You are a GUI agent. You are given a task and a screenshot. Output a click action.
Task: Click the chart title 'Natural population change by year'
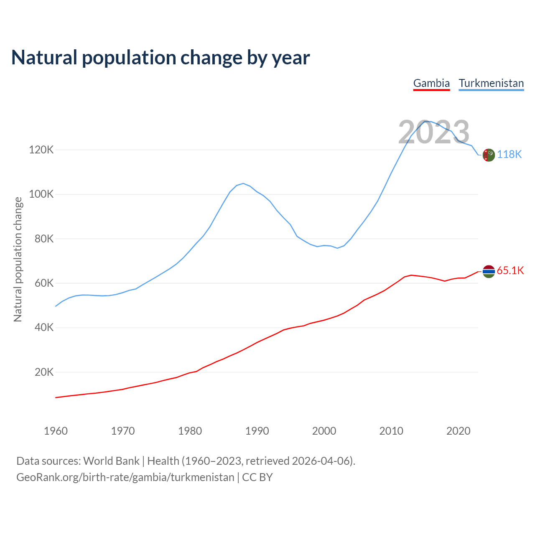coord(160,58)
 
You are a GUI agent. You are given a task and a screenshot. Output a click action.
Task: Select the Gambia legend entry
coord(431,83)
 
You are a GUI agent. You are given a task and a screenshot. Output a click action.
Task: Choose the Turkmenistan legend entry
coord(491,83)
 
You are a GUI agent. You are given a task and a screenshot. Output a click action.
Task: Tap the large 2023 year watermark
coord(433,132)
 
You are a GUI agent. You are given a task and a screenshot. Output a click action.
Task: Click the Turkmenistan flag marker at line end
coord(489,155)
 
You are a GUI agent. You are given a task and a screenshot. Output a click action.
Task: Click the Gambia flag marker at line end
coord(489,271)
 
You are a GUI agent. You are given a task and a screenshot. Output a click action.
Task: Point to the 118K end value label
coord(509,155)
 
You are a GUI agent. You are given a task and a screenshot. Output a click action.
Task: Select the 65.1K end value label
coord(510,271)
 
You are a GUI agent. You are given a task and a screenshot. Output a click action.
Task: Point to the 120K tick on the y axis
coord(41,150)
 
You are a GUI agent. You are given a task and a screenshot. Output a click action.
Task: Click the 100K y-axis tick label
coord(41,194)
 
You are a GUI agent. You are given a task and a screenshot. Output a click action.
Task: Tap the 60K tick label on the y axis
coord(44,283)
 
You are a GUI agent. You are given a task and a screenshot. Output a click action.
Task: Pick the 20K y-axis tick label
coord(44,372)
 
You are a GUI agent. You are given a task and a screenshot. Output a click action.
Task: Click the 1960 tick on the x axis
coord(56,431)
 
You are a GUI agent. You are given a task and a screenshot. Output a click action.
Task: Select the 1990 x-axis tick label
coord(257,431)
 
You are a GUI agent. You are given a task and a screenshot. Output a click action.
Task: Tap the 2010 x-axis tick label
coord(391,431)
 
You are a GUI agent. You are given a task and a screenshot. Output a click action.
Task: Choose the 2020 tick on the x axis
coord(459,431)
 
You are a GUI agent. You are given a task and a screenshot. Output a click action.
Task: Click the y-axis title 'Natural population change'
coord(18,259)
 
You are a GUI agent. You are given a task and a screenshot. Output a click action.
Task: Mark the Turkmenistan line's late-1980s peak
coord(243,183)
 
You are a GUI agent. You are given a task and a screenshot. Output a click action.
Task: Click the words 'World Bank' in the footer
coord(111,461)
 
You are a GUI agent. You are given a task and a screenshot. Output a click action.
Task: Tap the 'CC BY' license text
coord(257,477)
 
